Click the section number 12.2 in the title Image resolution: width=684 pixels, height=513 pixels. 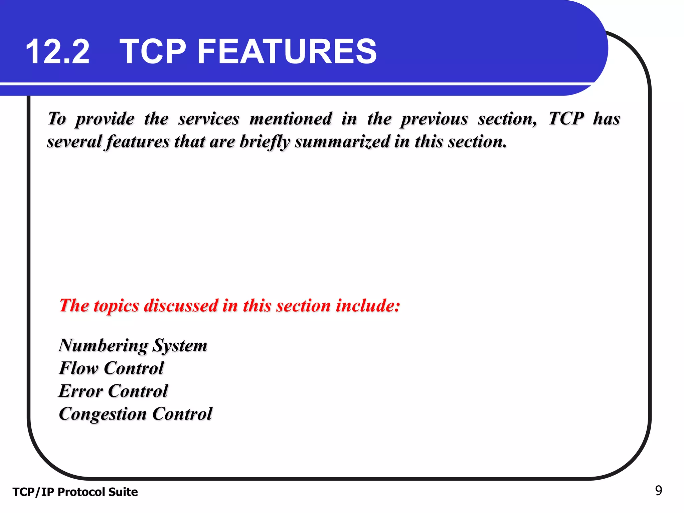57,52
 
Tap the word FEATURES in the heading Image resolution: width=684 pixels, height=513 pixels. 287,52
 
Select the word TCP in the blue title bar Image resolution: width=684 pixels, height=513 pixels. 153,52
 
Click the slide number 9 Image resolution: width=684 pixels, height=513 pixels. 658,491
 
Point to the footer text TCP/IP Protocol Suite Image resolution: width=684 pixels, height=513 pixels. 75,492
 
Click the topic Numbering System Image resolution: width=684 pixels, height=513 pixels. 133,345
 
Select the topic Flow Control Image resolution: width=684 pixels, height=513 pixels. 111,368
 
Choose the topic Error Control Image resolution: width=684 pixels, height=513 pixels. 113,391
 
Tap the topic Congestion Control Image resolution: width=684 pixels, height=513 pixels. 135,414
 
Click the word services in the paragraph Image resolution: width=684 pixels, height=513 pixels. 209,119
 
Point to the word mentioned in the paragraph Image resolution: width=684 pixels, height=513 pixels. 291,119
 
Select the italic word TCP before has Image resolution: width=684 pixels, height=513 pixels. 566,119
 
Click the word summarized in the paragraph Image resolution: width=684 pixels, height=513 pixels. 342,142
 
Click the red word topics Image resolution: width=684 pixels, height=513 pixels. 116,306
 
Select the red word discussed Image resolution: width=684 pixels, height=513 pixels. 181,306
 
